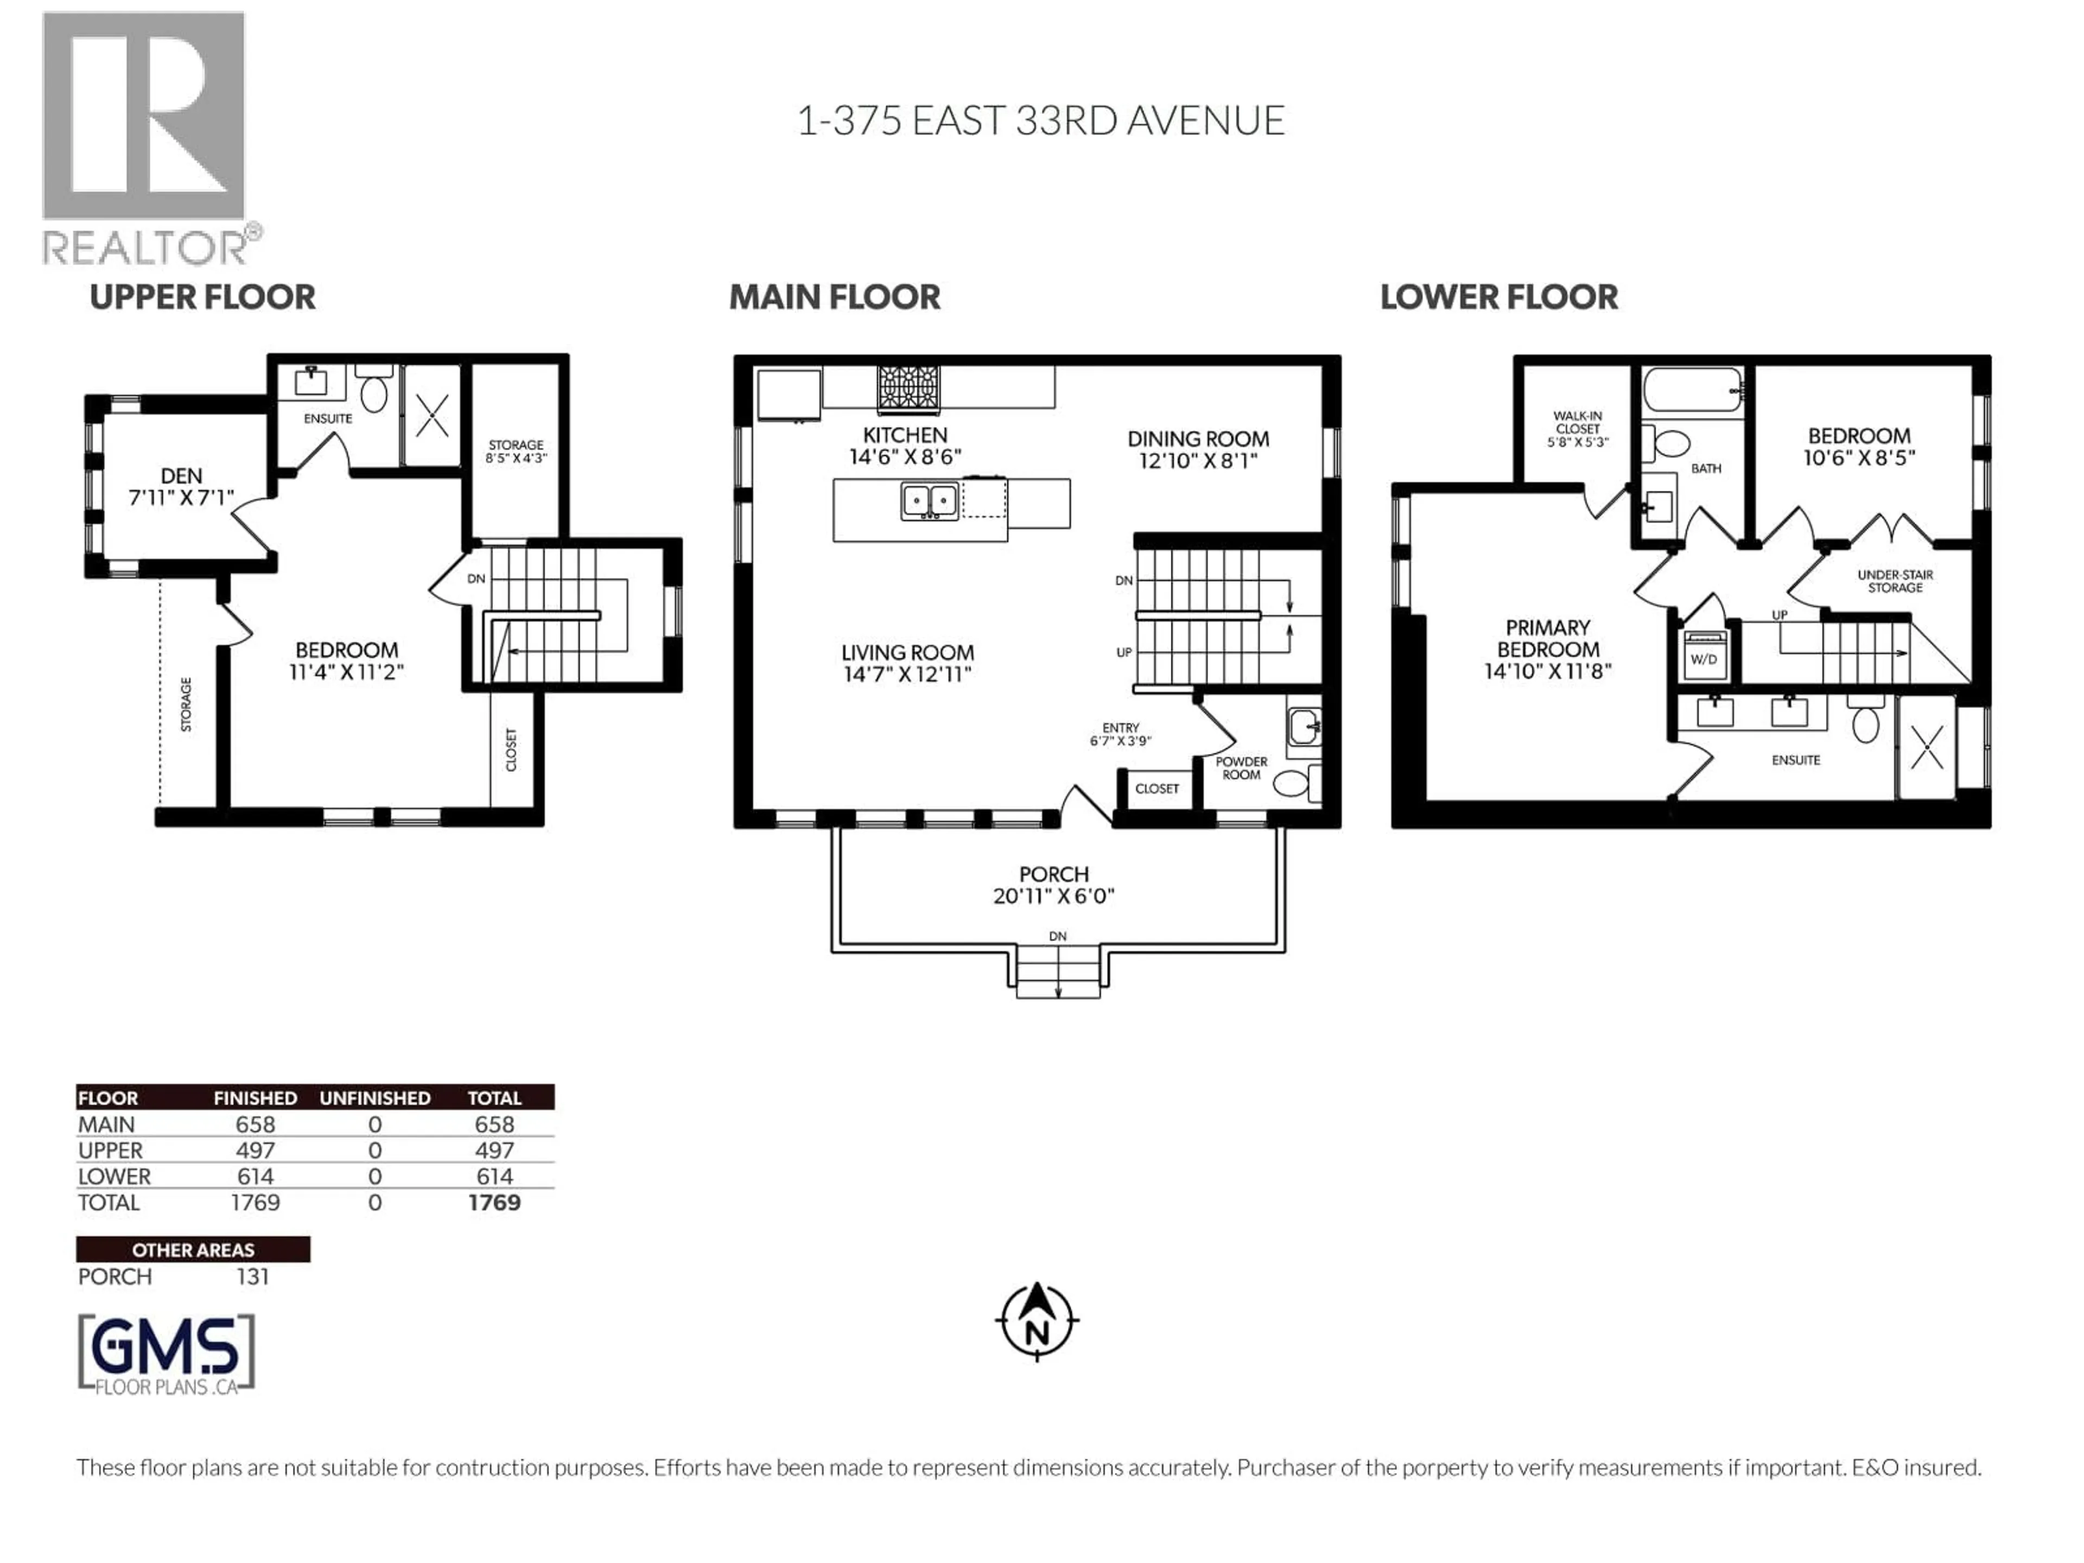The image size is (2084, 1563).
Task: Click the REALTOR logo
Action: [x=146, y=137]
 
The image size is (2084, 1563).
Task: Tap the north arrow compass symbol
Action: [x=1037, y=1321]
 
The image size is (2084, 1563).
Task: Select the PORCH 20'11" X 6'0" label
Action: [x=1053, y=885]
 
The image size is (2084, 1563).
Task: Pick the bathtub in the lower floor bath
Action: [x=1692, y=389]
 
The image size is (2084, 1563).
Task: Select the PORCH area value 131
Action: [x=252, y=1276]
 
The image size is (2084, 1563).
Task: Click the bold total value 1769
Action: [x=494, y=1203]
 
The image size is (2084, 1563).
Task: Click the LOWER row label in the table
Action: [x=114, y=1177]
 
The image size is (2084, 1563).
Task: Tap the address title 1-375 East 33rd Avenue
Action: [x=1041, y=120]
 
